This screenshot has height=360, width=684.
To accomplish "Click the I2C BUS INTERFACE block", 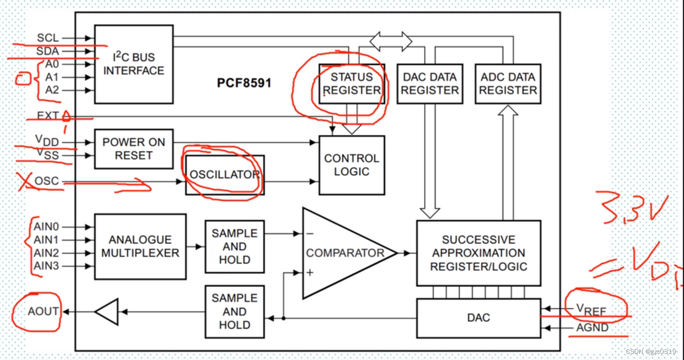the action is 134,65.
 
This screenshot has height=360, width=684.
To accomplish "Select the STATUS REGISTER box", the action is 352,84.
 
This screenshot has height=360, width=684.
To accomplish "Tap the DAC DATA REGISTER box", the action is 430,84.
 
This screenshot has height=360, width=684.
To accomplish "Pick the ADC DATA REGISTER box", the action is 508,84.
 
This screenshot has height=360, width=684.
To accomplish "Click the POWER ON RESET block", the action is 134,149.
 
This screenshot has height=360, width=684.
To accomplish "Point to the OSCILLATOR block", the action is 225,175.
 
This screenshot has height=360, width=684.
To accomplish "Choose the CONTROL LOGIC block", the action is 352,165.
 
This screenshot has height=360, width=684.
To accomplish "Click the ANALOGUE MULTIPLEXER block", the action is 140,247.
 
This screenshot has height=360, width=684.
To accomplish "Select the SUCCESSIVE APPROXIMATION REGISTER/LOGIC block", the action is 479,253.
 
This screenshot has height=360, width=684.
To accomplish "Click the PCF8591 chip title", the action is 244,83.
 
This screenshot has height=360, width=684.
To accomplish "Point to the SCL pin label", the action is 48,38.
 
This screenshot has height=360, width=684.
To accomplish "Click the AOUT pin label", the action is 43,311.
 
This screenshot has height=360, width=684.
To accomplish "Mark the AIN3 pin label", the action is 46,266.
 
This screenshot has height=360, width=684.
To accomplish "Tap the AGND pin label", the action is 592,328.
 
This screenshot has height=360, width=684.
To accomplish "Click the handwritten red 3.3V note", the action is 632,208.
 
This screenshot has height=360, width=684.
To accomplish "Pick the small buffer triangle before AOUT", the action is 107,312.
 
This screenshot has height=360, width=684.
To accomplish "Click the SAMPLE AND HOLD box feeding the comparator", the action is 234,247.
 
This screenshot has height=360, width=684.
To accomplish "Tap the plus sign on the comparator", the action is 309,272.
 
